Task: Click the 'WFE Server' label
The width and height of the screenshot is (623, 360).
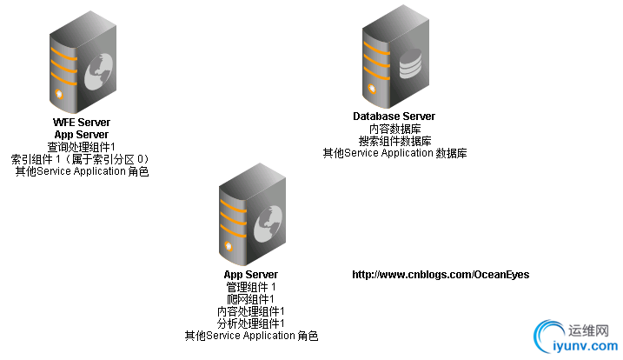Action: pyautogui.click(x=82, y=123)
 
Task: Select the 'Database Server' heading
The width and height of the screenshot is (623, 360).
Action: pyautogui.click(x=394, y=117)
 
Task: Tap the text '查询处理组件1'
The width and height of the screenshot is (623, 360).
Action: pyautogui.click(x=82, y=147)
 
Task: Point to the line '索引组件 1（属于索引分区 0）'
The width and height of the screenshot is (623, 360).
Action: pyautogui.click(x=81, y=159)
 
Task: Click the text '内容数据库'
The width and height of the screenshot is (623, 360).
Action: pyautogui.click(x=394, y=129)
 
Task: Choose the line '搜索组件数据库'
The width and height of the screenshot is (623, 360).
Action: pyautogui.click(x=394, y=141)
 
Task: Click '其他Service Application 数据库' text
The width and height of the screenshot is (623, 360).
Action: pyautogui.click(x=394, y=153)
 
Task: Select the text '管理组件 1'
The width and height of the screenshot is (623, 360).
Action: pyautogui.click(x=250, y=287)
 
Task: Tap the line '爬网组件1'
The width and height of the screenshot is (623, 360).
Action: pyautogui.click(x=250, y=299)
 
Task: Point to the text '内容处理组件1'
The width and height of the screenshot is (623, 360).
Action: pyautogui.click(x=250, y=311)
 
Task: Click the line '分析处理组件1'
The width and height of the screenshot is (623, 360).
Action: pyautogui.click(x=250, y=323)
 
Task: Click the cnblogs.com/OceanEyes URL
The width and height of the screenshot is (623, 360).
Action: pyautogui.click(x=441, y=275)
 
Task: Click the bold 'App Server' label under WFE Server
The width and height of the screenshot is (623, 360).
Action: pyautogui.click(x=82, y=135)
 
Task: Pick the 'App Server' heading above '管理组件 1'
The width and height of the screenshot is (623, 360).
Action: pyautogui.click(x=250, y=275)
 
